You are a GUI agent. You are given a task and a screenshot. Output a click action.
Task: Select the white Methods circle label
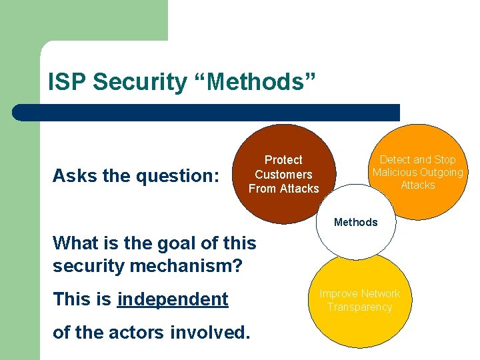click(x=355, y=222)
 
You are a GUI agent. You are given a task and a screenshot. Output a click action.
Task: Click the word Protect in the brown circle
click(x=283, y=160)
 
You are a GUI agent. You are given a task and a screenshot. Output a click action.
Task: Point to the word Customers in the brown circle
click(x=283, y=175)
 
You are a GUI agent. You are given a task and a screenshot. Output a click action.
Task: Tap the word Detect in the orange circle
click(x=395, y=160)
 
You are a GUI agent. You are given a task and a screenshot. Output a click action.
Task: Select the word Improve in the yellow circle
click(x=339, y=294)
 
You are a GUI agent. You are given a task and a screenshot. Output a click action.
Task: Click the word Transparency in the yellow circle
click(x=359, y=307)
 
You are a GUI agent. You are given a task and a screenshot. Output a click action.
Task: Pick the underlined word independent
click(x=173, y=299)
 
